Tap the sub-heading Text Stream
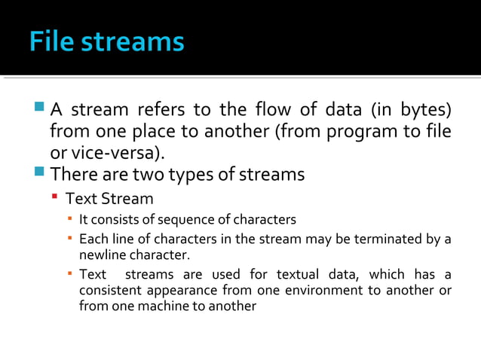click(109, 199)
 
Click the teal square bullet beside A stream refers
click(39, 108)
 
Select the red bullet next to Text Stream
click(55, 198)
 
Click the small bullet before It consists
click(69, 219)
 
